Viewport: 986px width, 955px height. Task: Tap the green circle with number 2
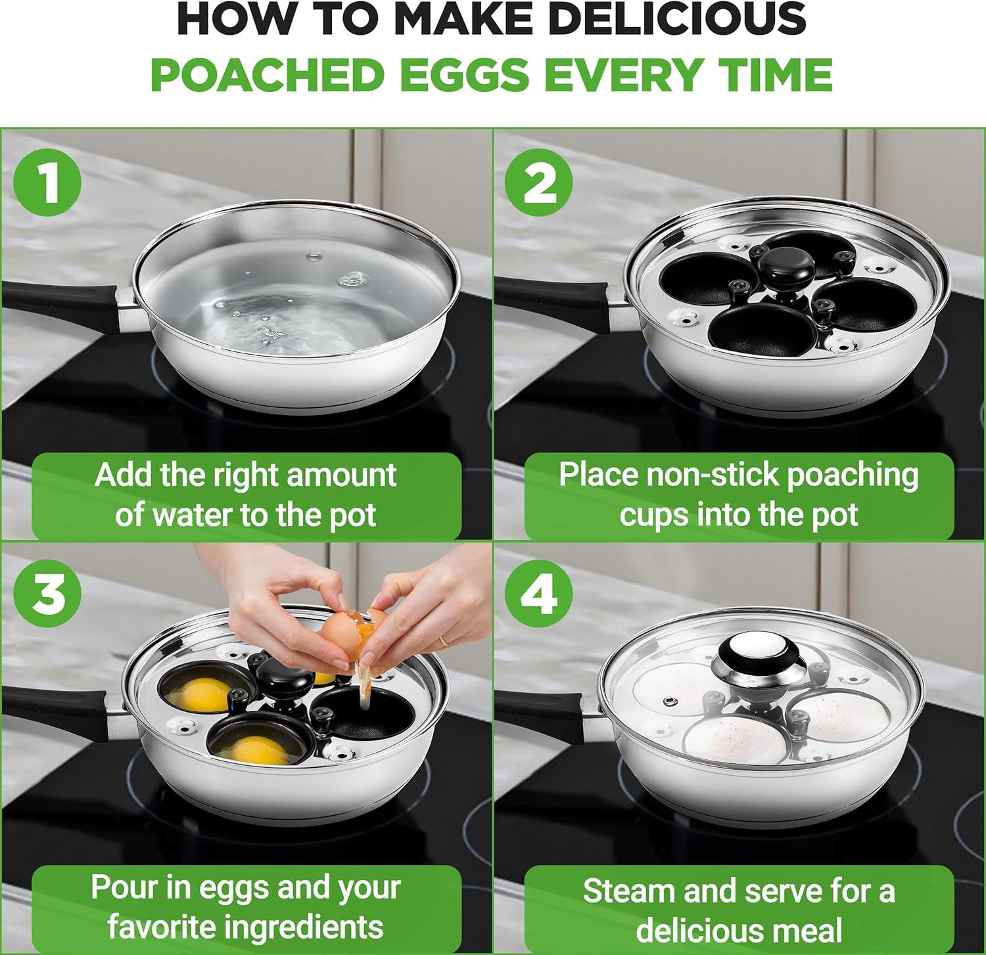540,183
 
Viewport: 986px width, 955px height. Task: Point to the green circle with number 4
539,595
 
